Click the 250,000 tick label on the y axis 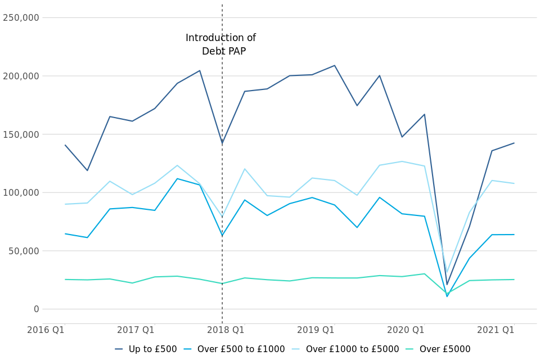pyautogui.click(x=21, y=17)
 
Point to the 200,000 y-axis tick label pyautogui.click(x=21, y=76)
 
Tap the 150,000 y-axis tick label pyautogui.click(x=21, y=134)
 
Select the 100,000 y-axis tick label pyautogui.click(x=21, y=192)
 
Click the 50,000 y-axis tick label pyautogui.click(x=23, y=251)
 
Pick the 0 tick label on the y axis pyautogui.click(x=36, y=309)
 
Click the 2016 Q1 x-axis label pyautogui.click(x=46, y=330)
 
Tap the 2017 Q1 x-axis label pyautogui.click(x=136, y=330)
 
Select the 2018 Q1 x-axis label pyautogui.click(x=226, y=330)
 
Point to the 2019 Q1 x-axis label pyautogui.click(x=316, y=330)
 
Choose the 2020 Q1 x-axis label pyautogui.click(x=406, y=330)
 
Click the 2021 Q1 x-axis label pyautogui.click(x=496, y=330)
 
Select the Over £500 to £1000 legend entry pyautogui.click(x=241, y=349)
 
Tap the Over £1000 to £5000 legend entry pyautogui.click(x=353, y=349)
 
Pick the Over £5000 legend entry pyautogui.click(x=444, y=349)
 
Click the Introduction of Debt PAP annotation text pyautogui.click(x=221, y=45)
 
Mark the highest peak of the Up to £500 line pyautogui.click(x=334, y=66)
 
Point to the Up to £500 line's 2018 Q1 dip pyautogui.click(x=222, y=143)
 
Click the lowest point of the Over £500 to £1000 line pyautogui.click(x=447, y=296)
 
